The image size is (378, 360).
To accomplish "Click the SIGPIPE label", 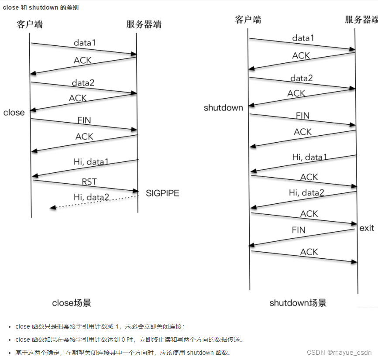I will [x=162, y=193].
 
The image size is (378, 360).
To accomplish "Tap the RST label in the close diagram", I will [x=89, y=182].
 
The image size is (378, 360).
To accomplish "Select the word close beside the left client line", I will [x=14, y=113].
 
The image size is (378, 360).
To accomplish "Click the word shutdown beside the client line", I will [x=223, y=108].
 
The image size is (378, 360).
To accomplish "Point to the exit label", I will [x=367, y=228].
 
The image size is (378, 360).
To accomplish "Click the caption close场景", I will [x=72, y=303].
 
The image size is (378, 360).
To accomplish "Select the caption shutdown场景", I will [x=298, y=303].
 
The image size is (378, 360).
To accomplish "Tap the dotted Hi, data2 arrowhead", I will [x=52, y=207].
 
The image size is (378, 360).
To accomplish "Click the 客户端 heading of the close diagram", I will [x=30, y=24].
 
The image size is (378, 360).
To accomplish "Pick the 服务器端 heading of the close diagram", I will [x=144, y=24].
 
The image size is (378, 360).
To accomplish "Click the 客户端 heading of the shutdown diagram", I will [x=248, y=20].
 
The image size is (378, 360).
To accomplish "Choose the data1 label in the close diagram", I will [x=84, y=43].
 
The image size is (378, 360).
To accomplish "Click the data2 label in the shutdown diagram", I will [x=302, y=78].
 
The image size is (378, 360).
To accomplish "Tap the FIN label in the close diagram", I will [x=84, y=120].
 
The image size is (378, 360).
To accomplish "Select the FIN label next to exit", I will [x=299, y=230].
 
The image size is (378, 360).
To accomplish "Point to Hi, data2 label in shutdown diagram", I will [x=306, y=192].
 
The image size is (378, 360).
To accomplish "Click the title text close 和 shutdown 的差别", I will [x=41, y=7].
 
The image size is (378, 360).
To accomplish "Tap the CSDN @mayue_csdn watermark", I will [x=339, y=352].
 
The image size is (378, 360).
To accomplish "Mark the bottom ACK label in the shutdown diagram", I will [x=309, y=252].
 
